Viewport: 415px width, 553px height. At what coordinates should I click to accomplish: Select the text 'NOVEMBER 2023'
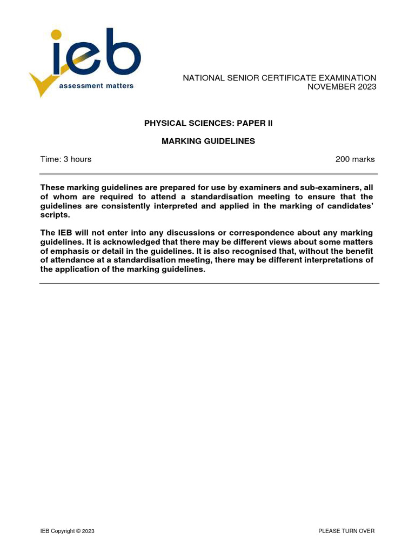342,87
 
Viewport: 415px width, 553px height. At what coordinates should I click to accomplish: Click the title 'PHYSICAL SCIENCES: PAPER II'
209,123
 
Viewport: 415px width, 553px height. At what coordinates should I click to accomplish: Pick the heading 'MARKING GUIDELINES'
209,141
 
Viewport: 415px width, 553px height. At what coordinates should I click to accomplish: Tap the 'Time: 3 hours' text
66,159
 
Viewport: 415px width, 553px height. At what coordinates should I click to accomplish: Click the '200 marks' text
355,159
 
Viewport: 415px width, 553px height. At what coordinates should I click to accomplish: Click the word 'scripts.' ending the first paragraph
55,215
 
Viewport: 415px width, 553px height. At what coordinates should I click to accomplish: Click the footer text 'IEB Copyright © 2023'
68,531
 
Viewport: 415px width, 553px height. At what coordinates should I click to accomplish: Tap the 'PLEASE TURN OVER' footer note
346,531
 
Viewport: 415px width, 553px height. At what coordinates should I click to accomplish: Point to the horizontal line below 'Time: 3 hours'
209,174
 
